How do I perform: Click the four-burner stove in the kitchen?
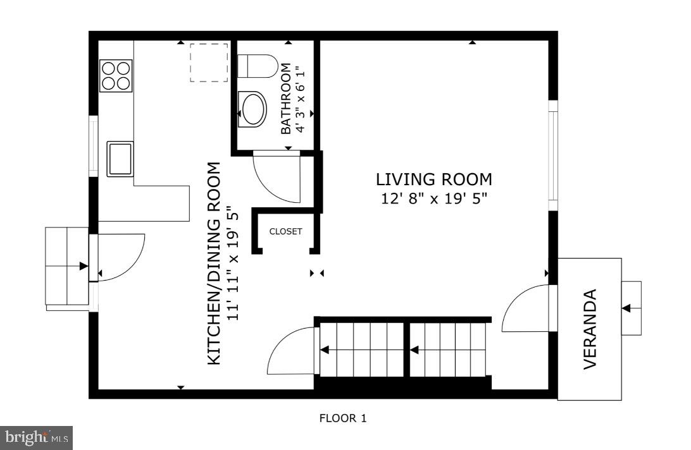[116, 75]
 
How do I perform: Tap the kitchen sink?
[120, 159]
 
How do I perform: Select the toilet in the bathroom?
[257, 66]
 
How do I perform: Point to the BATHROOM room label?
[286, 99]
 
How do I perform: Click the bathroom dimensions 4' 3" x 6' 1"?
[301, 99]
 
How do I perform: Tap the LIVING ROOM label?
[433, 179]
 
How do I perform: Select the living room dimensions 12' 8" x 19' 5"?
[433, 198]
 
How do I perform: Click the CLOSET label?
[286, 231]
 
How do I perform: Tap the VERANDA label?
[590, 329]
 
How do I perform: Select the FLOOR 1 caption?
[342, 418]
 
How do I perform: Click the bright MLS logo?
[37, 437]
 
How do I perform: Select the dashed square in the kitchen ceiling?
[209, 63]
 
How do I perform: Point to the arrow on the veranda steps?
[627, 308]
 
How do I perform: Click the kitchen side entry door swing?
[120, 257]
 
